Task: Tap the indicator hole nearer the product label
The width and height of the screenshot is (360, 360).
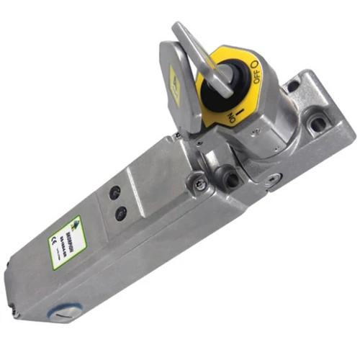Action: pos(120,212)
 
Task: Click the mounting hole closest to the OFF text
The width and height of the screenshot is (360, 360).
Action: pos(292,86)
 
